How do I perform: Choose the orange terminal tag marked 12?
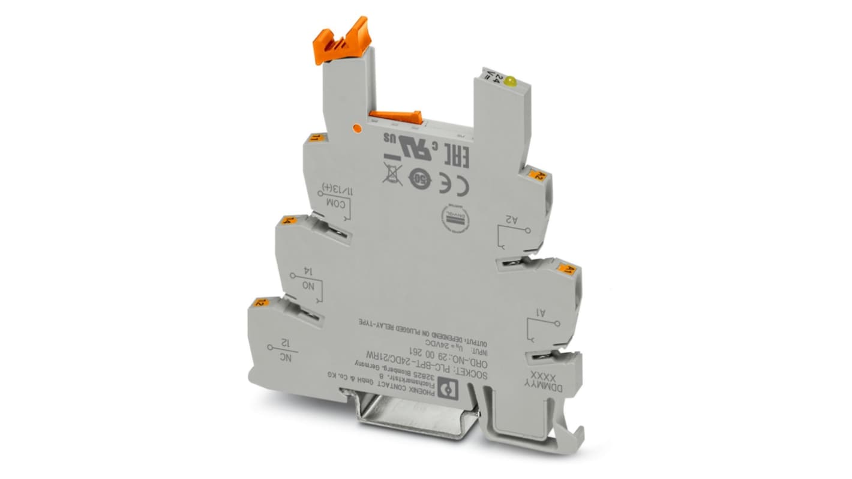click(x=259, y=303)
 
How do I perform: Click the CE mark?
click(x=454, y=183)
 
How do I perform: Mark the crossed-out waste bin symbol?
click(x=392, y=171)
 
